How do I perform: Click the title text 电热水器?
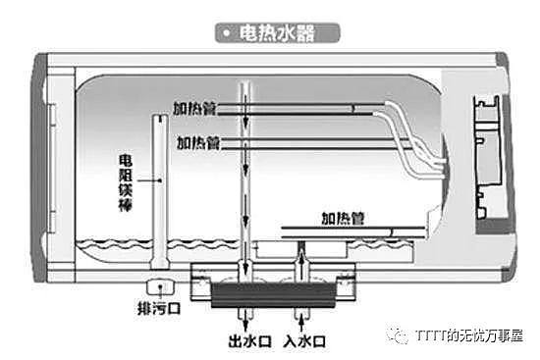point(280,32)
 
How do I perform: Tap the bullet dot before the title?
point(226,32)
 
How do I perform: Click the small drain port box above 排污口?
point(156,287)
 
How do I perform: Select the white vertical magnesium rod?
point(156,191)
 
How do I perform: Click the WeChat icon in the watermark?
point(400,334)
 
